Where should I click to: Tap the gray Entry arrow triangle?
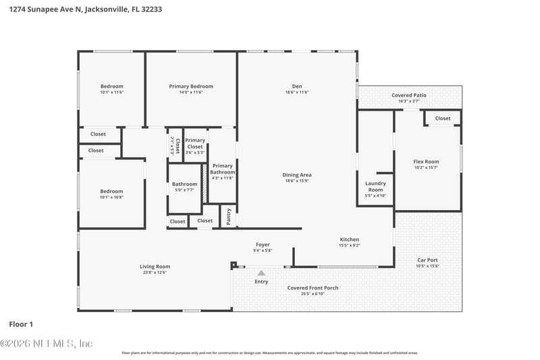point(261,273)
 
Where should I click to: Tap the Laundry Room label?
point(375,186)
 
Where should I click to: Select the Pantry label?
point(229,216)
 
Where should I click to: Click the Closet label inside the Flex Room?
point(443,118)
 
